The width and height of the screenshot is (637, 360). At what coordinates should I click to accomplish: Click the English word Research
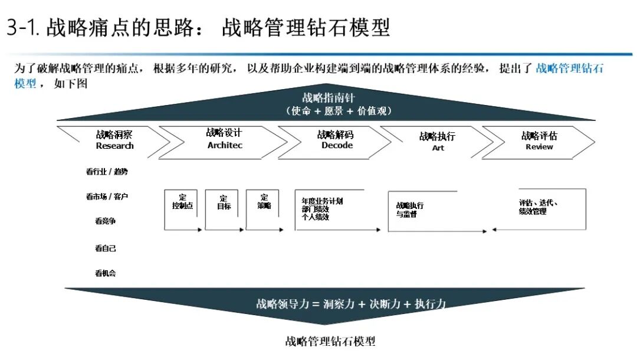click(x=115, y=146)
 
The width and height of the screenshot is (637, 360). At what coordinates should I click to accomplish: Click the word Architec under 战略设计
click(x=225, y=145)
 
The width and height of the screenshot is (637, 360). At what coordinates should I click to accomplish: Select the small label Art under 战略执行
click(x=438, y=148)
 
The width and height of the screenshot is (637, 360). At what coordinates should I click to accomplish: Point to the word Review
click(x=539, y=147)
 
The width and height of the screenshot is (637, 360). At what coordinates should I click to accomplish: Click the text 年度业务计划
click(x=322, y=201)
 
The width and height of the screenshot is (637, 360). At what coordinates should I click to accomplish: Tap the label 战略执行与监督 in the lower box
click(x=409, y=210)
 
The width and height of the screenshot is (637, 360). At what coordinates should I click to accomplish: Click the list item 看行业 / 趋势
click(x=107, y=172)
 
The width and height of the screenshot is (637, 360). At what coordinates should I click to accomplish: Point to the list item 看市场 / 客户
click(x=107, y=197)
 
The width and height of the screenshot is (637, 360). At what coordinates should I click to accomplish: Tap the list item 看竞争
click(x=106, y=221)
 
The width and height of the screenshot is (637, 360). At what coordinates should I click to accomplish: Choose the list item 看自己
click(x=106, y=248)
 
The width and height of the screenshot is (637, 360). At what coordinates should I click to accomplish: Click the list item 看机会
click(x=106, y=273)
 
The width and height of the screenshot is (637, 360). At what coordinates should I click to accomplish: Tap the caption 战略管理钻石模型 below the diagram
click(x=330, y=341)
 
